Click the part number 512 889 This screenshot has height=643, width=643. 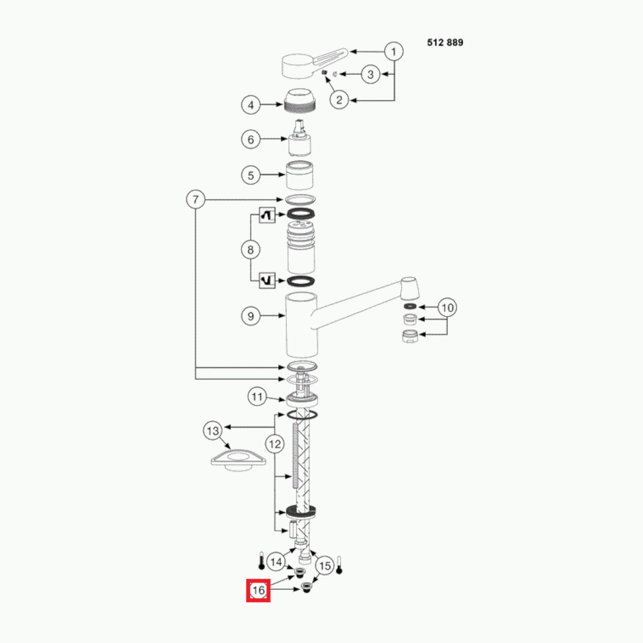click(445, 43)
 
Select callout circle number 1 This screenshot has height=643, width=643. click(394, 52)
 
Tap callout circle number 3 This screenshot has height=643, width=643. click(370, 74)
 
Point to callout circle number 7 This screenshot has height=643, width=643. click(195, 200)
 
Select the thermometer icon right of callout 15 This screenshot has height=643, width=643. click(339, 565)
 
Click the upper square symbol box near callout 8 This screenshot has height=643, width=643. click(267, 215)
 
